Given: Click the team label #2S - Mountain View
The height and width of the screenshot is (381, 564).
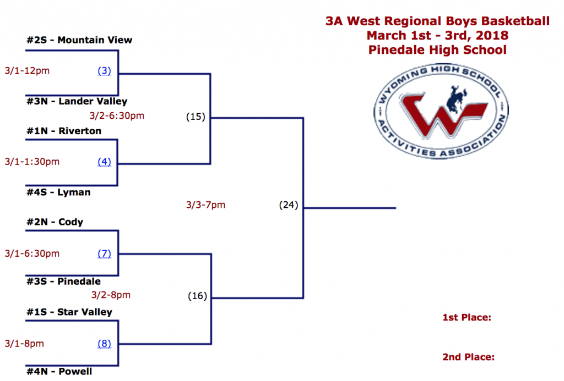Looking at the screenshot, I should tap(79, 40).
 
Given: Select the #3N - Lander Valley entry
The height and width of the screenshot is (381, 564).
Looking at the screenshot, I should tap(77, 101).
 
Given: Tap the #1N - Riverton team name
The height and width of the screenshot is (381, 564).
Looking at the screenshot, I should tap(64, 131).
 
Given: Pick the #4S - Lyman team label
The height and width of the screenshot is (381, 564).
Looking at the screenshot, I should tap(58, 192).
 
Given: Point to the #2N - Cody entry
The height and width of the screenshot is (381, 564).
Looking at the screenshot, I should tap(55, 222).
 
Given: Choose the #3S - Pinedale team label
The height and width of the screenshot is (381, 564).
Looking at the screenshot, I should tap(63, 281).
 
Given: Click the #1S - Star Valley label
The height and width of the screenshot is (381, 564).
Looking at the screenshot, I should tap(69, 312).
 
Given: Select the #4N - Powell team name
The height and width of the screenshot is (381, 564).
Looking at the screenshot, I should tap(59, 372).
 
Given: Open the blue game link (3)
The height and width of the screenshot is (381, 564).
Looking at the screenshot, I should tap(105, 71).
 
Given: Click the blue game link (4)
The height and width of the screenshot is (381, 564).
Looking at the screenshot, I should tap(105, 162).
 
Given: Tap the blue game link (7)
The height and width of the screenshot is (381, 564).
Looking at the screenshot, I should tap(105, 253).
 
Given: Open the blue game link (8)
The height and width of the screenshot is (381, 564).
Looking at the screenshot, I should tap(105, 344).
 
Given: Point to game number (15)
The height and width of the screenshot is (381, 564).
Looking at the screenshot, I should tap(195, 117).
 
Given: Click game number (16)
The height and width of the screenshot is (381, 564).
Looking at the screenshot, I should tap(197, 296).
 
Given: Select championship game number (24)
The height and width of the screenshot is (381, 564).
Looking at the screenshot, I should tap(288, 206).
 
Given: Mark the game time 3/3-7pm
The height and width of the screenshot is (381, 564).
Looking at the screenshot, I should tap(206, 205).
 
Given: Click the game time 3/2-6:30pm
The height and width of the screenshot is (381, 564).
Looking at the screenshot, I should tap(117, 115).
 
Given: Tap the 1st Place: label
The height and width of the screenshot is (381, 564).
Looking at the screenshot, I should tap(466, 317).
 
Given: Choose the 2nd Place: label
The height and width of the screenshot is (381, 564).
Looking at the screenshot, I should tap(468, 357).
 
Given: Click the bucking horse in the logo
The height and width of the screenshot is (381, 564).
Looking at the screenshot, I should tap(455, 97).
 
